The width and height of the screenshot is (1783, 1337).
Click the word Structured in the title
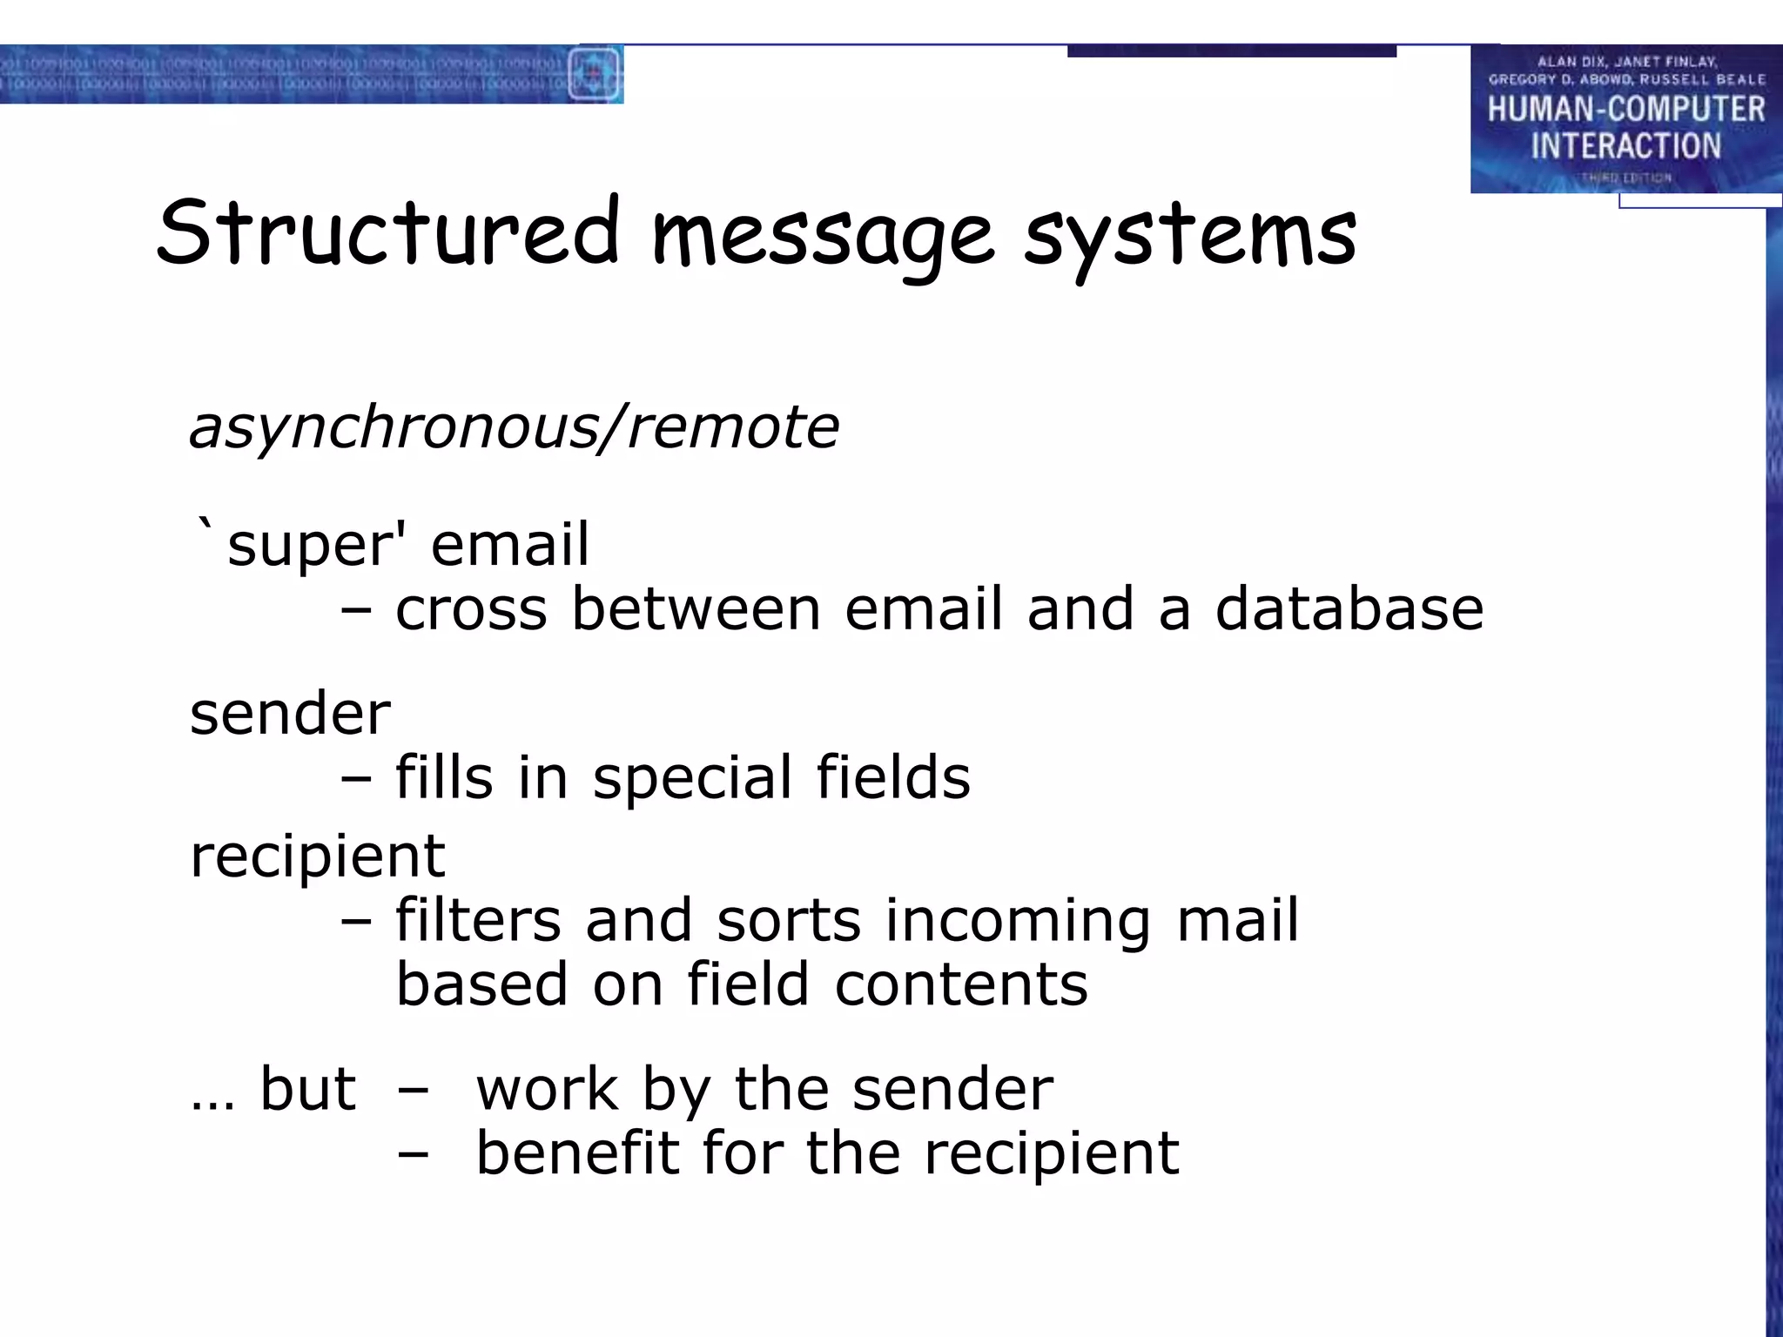click(387, 233)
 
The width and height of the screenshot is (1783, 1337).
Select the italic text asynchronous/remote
click(515, 428)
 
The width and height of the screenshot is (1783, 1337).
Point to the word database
click(1349, 608)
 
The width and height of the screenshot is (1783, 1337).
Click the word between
click(696, 608)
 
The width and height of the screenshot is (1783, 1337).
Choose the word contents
click(961, 984)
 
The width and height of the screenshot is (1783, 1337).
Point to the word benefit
click(576, 1152)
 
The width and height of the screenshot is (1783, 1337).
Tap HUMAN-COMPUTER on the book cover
click(1625, 110)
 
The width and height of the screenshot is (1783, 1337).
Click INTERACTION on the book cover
click(1625, 146)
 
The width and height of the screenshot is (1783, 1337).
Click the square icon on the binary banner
click(594, 73)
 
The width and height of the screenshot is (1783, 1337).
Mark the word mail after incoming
click(1237, 920)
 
